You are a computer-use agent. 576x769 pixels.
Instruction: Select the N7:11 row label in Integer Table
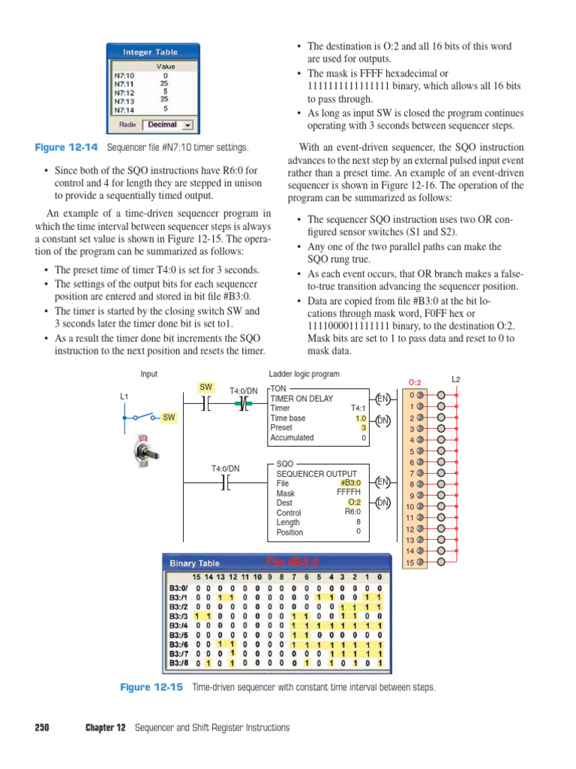124,85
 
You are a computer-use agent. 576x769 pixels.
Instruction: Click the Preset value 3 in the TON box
363,427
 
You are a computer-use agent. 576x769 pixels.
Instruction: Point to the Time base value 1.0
360,418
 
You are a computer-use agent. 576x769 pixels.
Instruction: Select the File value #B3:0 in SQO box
351,483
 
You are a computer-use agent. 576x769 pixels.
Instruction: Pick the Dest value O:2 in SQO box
355,502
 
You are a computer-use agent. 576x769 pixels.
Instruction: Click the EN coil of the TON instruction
382,398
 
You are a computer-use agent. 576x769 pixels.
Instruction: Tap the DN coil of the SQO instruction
382,502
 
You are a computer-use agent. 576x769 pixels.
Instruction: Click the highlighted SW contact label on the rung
205,388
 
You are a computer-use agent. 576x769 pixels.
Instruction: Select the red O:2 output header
415,382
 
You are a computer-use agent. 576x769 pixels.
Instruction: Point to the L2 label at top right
456,379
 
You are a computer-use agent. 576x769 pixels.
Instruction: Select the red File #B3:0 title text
292,562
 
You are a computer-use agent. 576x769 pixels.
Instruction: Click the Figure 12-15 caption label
151,687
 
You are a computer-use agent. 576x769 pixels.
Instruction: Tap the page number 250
42,728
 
